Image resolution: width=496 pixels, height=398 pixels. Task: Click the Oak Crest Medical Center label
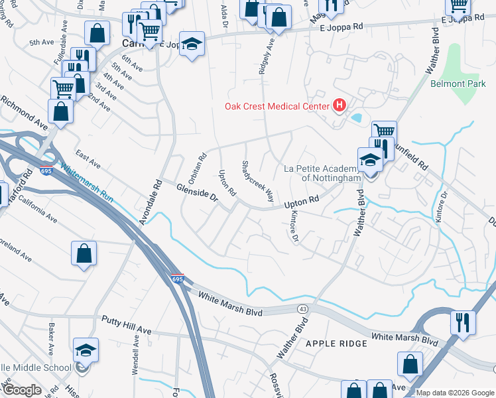(277, 106)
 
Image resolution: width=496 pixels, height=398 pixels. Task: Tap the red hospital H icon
(340, 105)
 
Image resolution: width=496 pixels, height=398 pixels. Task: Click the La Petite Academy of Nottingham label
(322, 173)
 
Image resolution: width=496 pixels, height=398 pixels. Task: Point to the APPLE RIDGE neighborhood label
(336, 343)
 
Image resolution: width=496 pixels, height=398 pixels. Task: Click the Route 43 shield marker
(302, 310)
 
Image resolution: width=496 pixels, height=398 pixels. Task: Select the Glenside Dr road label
(197, 193)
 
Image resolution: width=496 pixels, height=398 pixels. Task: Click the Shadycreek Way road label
(258, 182)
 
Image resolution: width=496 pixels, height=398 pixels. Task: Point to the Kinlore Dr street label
(291, 228)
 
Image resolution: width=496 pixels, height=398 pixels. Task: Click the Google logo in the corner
(22, 389)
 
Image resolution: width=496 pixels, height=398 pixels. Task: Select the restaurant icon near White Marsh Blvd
(463, 322)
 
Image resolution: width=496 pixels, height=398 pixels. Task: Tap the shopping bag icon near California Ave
(84, 253)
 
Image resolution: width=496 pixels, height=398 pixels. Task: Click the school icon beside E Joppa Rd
(192, 44)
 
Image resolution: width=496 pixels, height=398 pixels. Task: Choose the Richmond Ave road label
(25, 112)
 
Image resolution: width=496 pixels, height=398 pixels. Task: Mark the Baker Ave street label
(51, 339)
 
